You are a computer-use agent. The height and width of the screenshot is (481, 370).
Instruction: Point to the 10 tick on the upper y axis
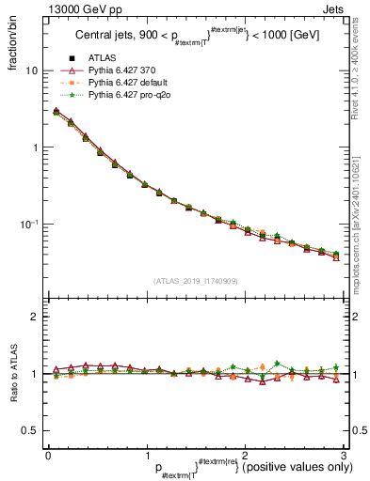pyautogui.click(x=30, y=71)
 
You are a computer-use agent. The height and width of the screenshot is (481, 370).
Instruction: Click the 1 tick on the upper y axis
pyautogui.click(x=34, y=147)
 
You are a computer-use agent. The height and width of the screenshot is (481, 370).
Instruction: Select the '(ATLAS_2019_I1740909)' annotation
pyautogui.click(x=194, y=280)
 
